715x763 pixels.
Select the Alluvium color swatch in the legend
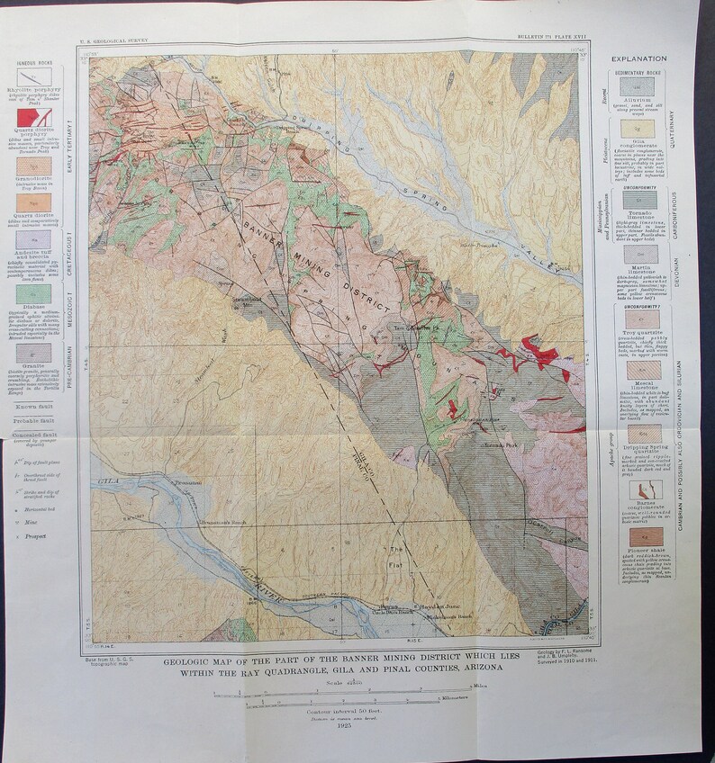[634, 85]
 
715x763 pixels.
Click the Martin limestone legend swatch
[634, 256]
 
